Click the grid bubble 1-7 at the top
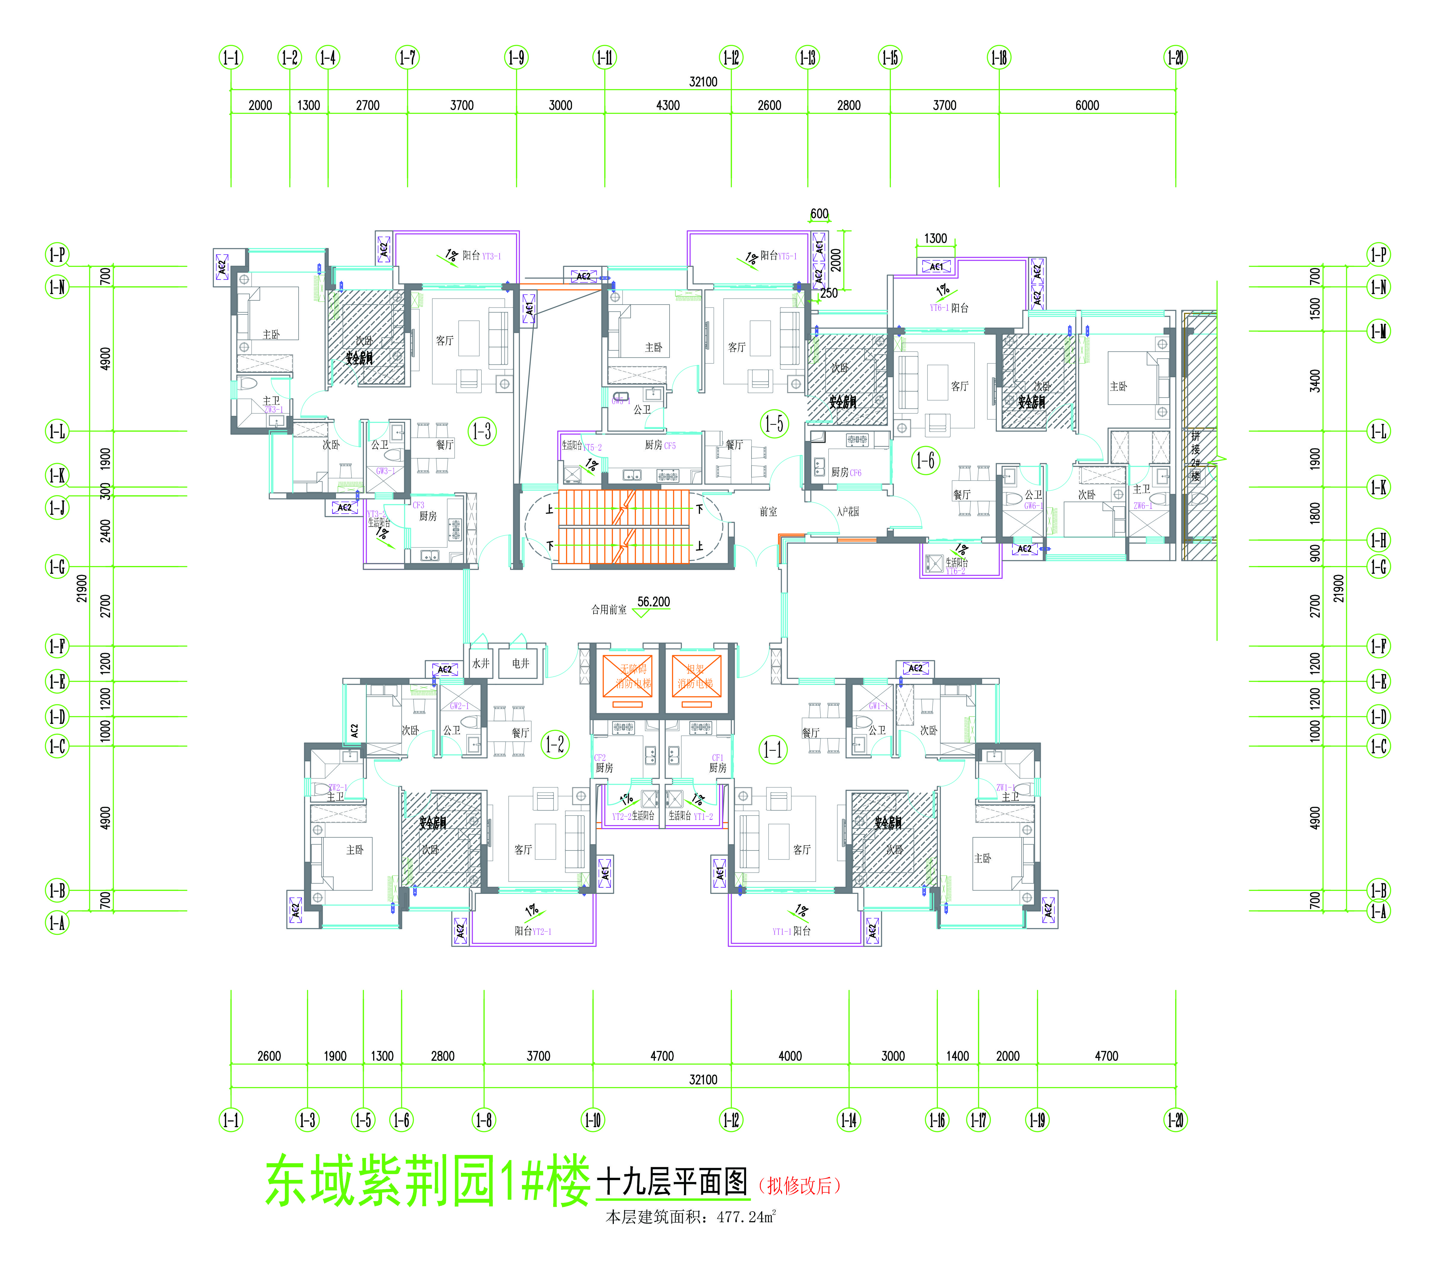(407, 58)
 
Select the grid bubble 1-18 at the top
(999, 58)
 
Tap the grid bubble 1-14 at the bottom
(849, 1119)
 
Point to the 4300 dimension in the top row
(667, 105)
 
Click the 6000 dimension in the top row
(1087, 105)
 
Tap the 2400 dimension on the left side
(105, 530)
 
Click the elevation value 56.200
(653, 602)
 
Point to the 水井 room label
(480, 663)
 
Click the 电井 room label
(521, 663)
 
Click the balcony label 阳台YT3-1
(481, 256)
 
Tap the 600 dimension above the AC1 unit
(819, 214)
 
